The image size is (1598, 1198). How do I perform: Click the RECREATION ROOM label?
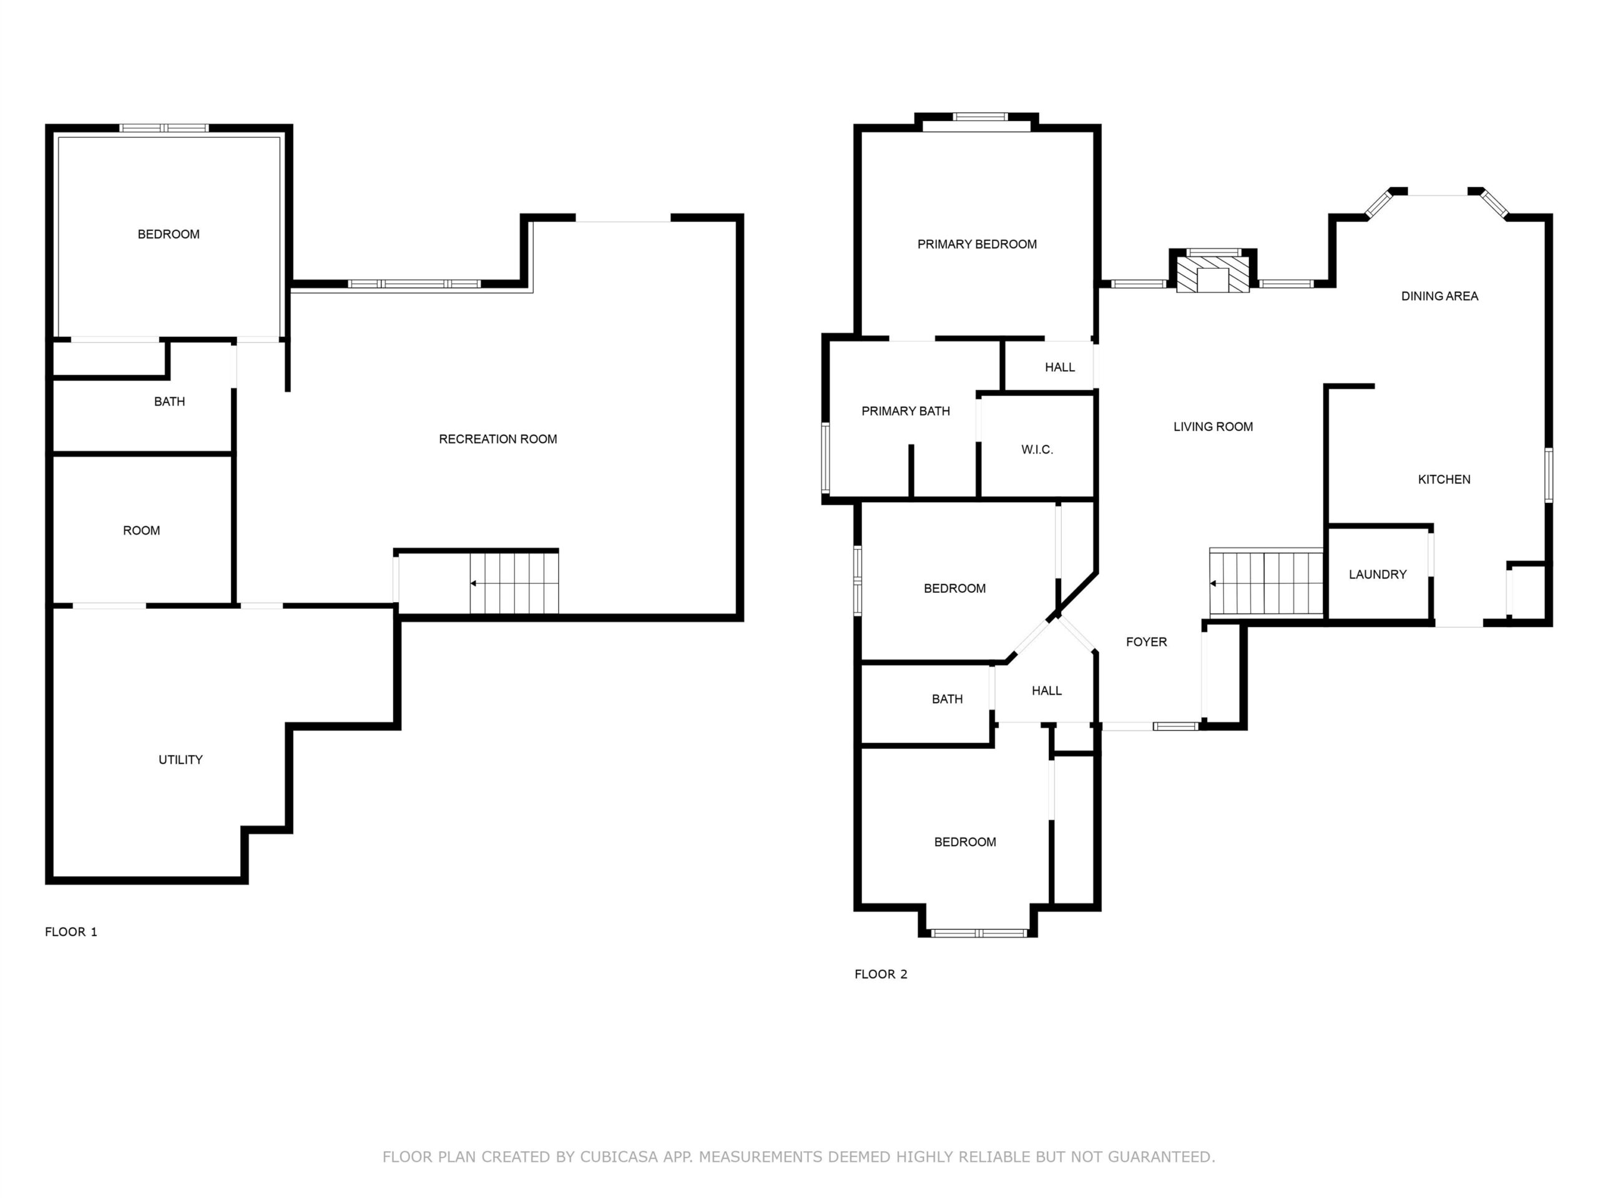pos(498,439)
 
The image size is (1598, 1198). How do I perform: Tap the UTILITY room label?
pos(180,760)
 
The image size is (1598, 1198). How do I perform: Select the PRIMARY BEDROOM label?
pos(977,244)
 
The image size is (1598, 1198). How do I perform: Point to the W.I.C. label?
pos(1037,450)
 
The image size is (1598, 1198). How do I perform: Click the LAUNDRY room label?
pos(1378,575)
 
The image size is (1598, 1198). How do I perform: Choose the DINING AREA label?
pos(1440,296)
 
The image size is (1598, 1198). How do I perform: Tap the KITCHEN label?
pos(1444,479)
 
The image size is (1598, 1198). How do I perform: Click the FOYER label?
pos(1147,642)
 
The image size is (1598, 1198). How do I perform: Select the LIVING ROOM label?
pos(1213,427)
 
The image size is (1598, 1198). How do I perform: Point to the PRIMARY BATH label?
pos(905,411)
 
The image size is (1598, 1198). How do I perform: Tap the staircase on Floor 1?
pos(514,583)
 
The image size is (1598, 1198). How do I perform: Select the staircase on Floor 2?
pos(1266,583)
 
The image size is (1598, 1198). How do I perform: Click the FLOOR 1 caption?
pos(71,932)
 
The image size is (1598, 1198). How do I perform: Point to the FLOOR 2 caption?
pos(881,974)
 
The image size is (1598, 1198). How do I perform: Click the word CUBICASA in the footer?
pos(619,1157)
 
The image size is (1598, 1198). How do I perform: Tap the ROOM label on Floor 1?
pos(142,531)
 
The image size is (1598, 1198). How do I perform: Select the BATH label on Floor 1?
pos(170,401)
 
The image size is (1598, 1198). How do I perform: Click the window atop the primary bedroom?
pos(979,117)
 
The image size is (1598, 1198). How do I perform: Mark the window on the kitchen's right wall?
pos(1549,475)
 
